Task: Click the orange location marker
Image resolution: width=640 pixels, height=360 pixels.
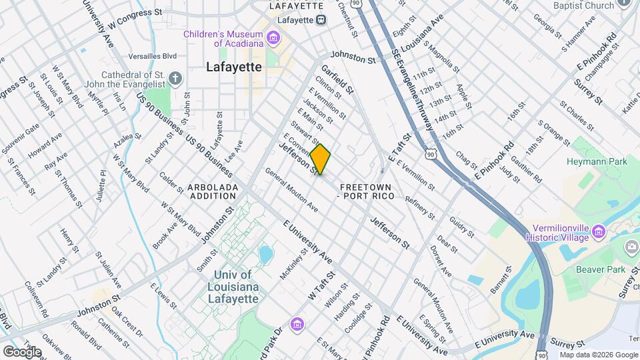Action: (x=320, y=159)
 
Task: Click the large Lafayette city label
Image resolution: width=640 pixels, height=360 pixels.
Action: (x=233, y=67)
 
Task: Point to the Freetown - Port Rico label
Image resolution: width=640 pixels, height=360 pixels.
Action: (x=366, y=191)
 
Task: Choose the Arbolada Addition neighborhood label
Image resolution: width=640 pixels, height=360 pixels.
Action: (x=213, y=192)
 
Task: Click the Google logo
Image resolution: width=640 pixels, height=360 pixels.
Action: (x=22, y=351)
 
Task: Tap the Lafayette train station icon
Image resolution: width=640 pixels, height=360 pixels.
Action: (x=321, y=20)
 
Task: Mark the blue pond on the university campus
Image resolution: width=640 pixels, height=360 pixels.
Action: (x=266, y=254)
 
